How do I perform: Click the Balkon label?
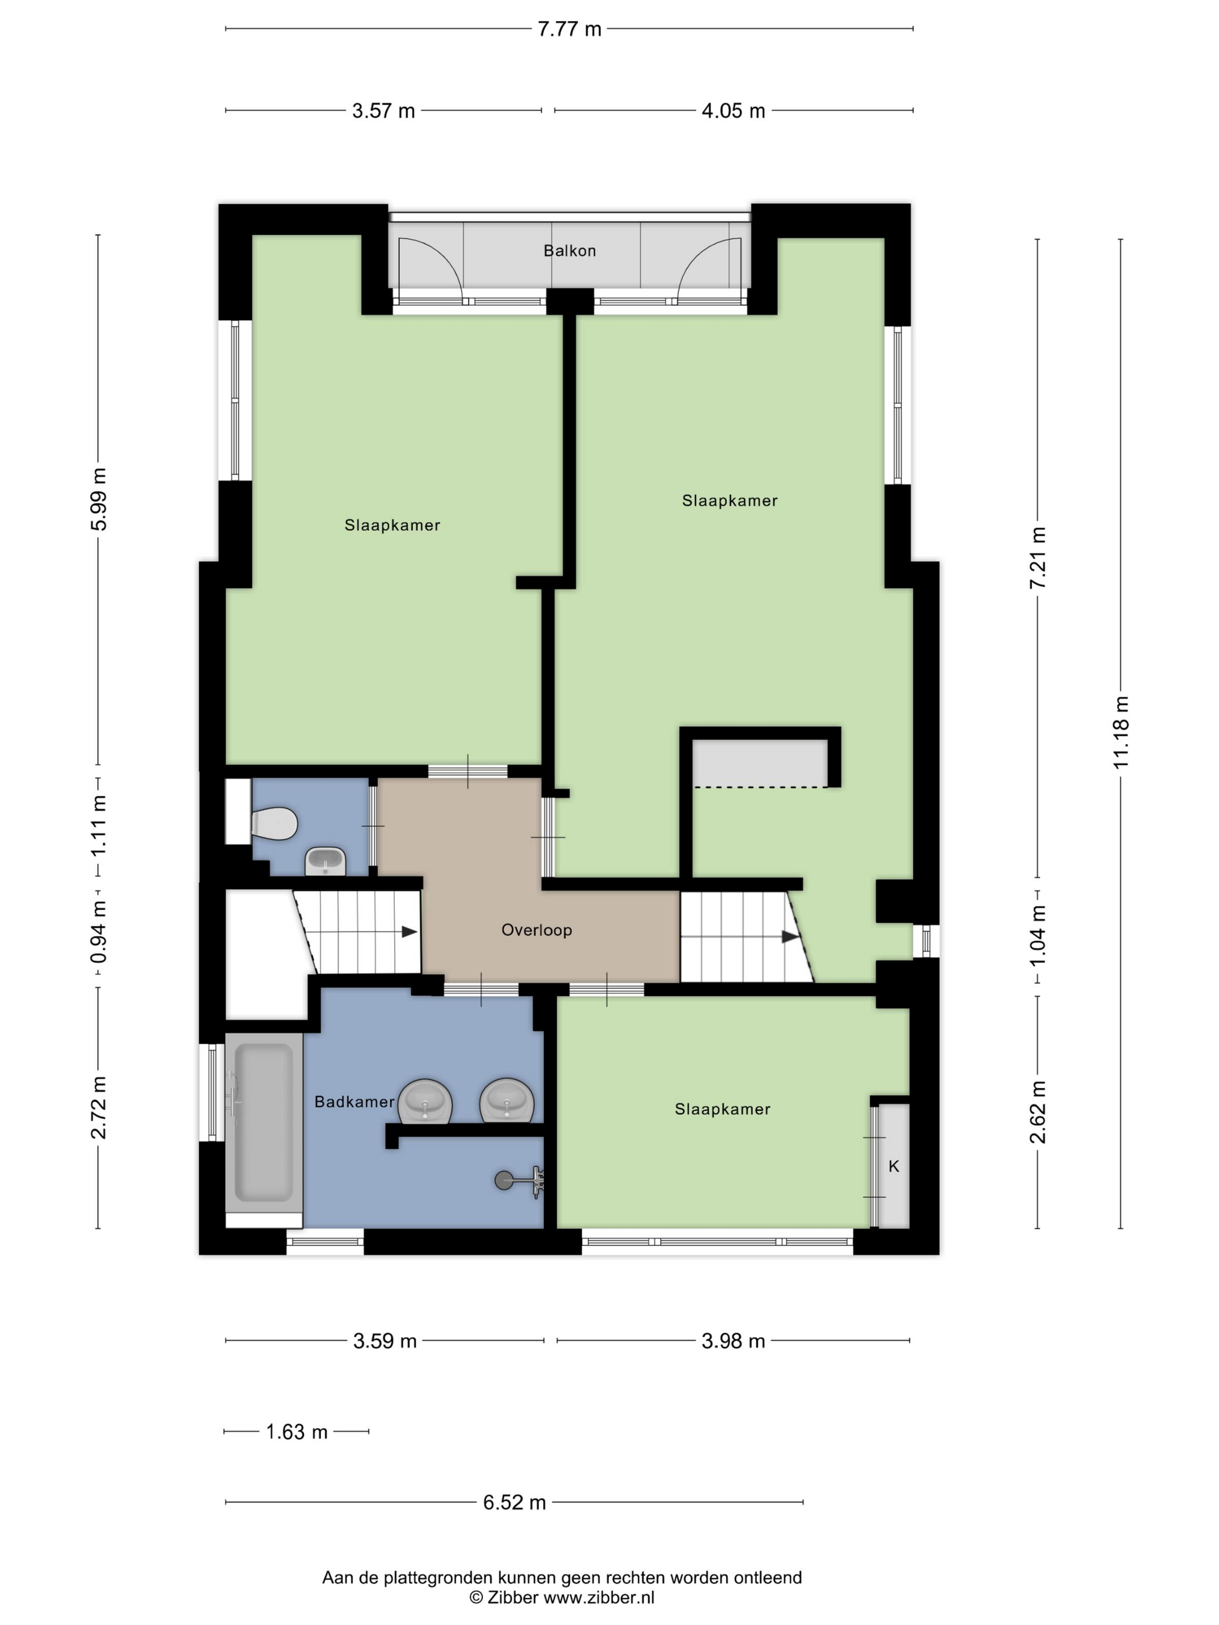569,251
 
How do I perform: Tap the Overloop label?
536,930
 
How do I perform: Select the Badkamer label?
354,1101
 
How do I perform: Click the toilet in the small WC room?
274,824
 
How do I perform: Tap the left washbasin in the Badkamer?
425,1101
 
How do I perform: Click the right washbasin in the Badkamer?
506,1100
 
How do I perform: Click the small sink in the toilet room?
324,860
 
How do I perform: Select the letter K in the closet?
893,1166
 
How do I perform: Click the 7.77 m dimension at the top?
569,30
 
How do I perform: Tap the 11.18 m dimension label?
1120,732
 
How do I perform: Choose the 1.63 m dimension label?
296,1432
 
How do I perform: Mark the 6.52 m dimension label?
514,1503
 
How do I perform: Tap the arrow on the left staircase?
409,931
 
